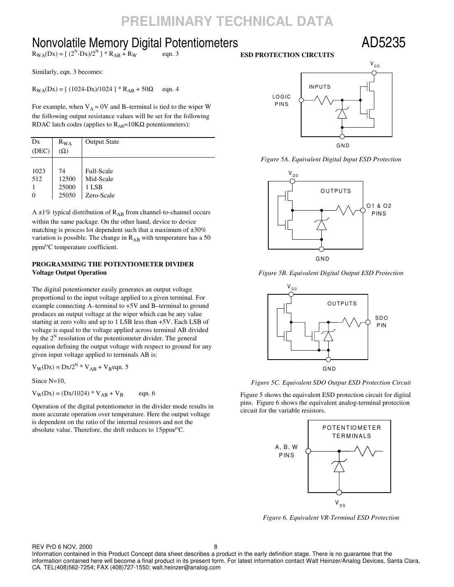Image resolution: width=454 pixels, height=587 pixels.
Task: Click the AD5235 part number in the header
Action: (383, 43)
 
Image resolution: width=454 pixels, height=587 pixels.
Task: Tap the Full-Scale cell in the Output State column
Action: (99, 171)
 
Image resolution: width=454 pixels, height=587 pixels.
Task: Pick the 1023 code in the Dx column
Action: (39, 171)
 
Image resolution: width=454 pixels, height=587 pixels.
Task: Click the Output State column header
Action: (102, 142)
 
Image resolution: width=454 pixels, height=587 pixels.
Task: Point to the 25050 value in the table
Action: (67, 195)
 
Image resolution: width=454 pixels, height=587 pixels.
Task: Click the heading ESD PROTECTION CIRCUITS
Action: (287, 55)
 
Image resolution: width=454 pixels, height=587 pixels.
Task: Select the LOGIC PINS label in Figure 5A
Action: (281, 101)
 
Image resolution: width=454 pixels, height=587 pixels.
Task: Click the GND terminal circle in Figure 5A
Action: (342, 137)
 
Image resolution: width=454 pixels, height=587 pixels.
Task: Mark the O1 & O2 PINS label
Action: (379, 210)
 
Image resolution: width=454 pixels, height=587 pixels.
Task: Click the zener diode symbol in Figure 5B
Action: (321, 225)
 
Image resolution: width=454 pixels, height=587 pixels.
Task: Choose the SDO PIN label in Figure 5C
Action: (381, 322)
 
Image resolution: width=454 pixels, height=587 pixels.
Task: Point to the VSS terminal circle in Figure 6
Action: (339, 493)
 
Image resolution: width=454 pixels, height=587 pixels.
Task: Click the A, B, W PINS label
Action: (286, 451)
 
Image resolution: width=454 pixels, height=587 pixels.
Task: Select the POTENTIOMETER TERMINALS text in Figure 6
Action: (352, 432)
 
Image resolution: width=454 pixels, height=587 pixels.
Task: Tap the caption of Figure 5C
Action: (331, 383)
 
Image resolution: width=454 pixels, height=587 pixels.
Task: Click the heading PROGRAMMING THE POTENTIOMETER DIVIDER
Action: (113, 264)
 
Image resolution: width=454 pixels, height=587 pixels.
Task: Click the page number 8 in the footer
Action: (216, 547)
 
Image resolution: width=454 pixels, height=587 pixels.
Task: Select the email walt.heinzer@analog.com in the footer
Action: (187, 568)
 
